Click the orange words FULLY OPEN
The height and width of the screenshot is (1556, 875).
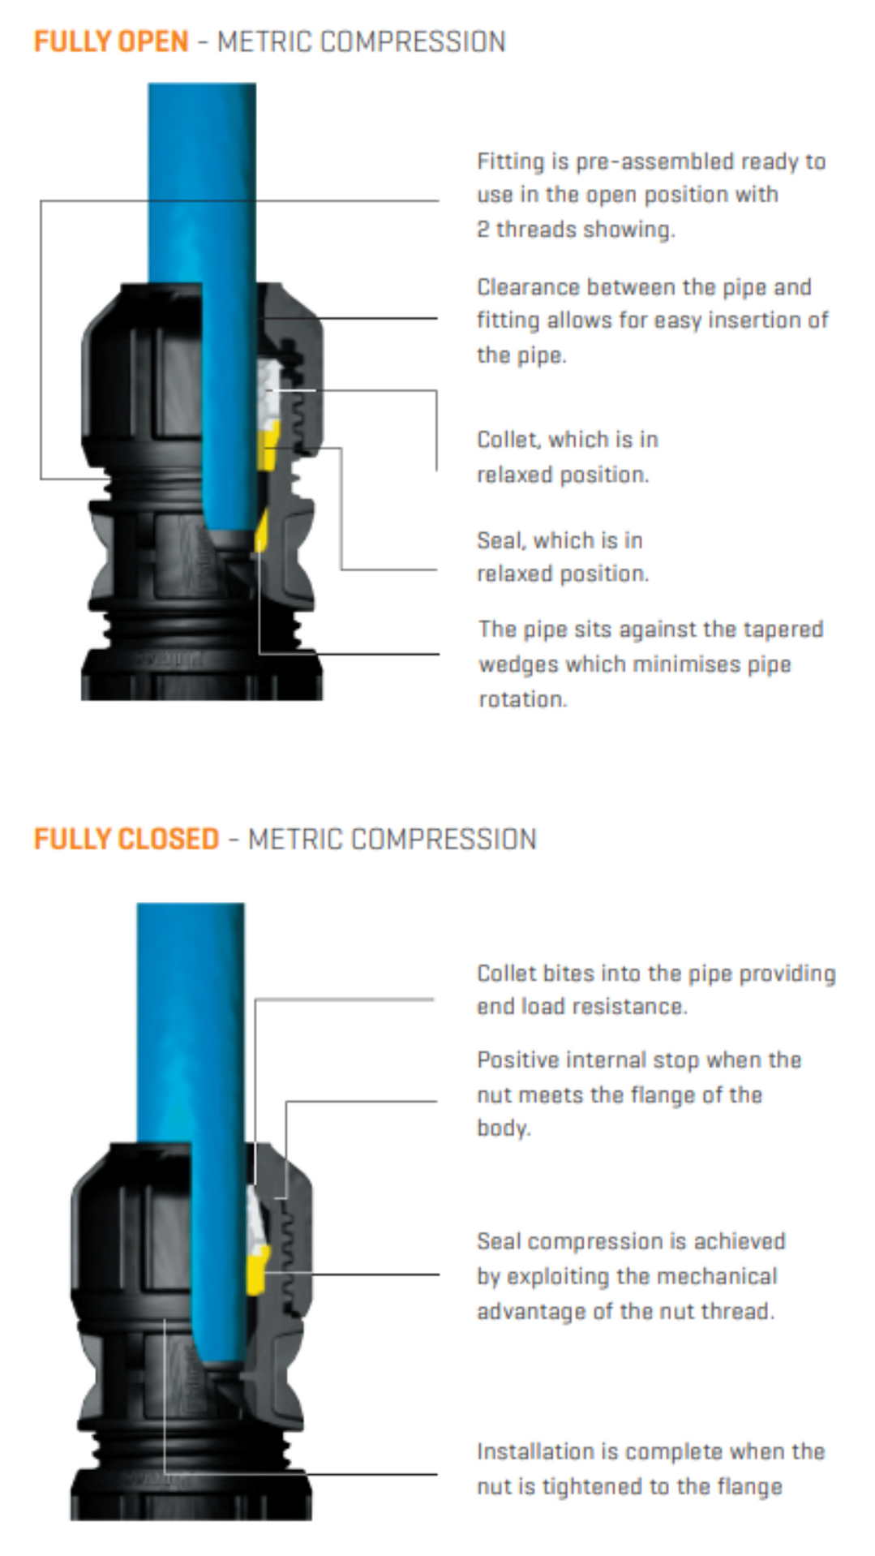[x=111, y=41]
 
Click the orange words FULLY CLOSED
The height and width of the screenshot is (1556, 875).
[x=127, y=839]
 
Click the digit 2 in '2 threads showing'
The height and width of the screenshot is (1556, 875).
[x=483, y=230]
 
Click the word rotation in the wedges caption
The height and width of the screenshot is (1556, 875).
[x=522, y=699]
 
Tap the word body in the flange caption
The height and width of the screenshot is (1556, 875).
[x=502, y=1128]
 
